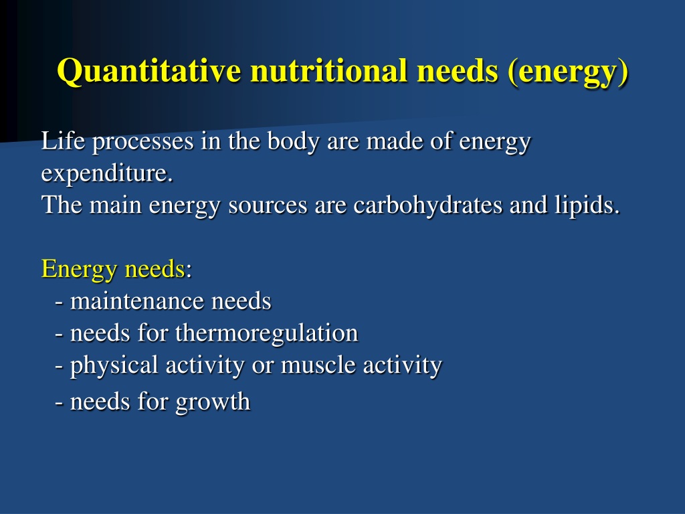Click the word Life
tap(63, 141)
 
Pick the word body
tap(293, 142)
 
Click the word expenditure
tap(107, 174)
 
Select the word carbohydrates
tap(427, 205)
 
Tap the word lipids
tap(587, 205)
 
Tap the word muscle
tap(318, 365)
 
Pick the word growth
tap(213, 402)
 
